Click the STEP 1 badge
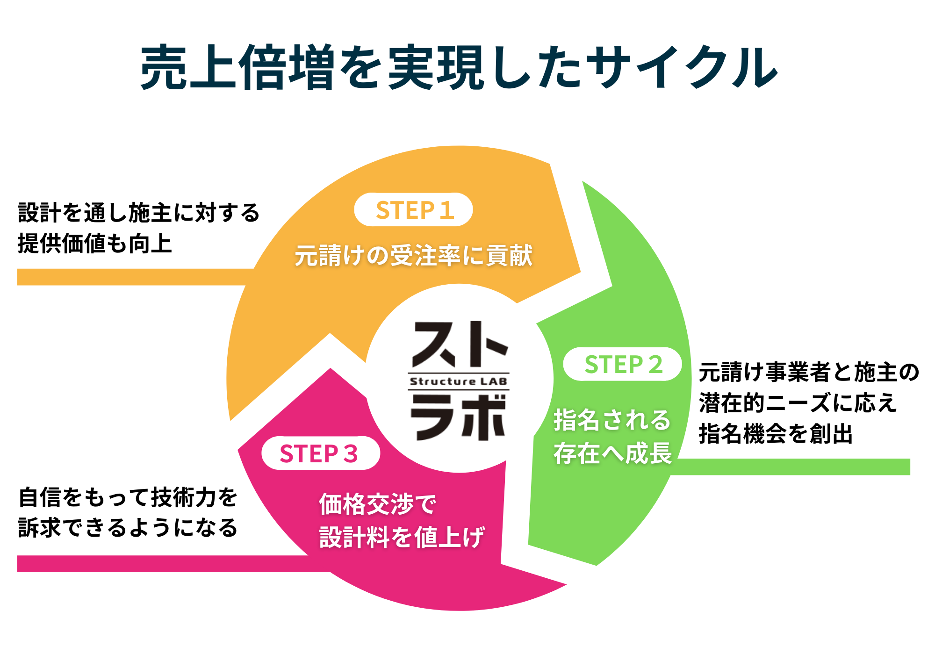coord(413,210)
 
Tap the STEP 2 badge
coord(622,364)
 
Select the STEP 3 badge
coord(320,453)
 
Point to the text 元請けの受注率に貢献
coord(414,256)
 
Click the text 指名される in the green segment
coord(612,419)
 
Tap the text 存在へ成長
coord(612,453)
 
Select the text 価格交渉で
coord(377,504)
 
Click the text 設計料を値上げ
coord(402,537)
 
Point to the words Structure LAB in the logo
coord(458,381)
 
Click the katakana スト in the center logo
coord(459,345)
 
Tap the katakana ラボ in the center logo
coord(458,417)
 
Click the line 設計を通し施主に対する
coord(139,213)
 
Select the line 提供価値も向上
coord(95,244)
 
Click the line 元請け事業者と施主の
coord(809,373)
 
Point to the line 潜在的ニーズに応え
coord(798,403)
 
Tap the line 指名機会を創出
coord(776,433)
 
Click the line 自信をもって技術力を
coord(128,497)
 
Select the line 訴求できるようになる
coord(128,528)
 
